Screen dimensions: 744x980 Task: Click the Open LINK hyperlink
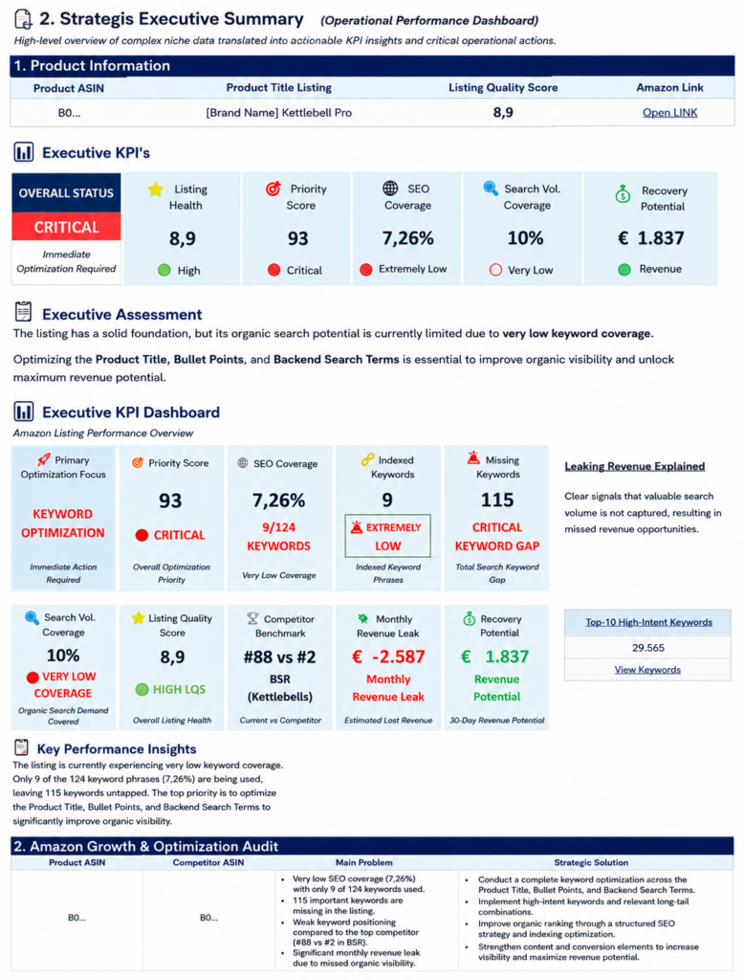click(x=669, y=113)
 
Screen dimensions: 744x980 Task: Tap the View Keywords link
click(x=647, y=669)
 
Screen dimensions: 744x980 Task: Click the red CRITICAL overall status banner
click(x=66, y=227)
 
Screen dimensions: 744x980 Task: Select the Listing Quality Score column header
click(x=503, y=87)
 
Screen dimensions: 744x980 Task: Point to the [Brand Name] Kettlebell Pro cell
click(x=278, y=113)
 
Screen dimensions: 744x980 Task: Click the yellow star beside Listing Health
click(x=156, y=189)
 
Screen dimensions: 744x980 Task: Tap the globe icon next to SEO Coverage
click(x=390, y=189)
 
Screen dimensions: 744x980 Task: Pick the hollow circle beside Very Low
click(x=496, y=270)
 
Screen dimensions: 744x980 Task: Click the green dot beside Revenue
click(x=624, y=269)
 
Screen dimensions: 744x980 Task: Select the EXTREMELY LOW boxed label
click(x=388, y=536)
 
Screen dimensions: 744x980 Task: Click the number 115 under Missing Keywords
click(x=497, y=500)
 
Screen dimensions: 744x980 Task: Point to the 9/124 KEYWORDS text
click(x=278, y=537)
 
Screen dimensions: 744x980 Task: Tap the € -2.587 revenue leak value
click(x=388, y=657)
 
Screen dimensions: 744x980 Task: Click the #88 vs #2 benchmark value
click(x=280, y=657)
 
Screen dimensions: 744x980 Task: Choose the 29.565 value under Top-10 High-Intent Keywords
click(x=647, y=648)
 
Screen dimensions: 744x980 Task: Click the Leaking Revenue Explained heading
click(x=635, y=466)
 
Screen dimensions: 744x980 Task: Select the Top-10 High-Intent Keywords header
click(x=648, y=622)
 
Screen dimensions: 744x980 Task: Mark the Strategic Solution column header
click(x=591, y=862)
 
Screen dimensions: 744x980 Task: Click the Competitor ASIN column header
click(x=208, y=862)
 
